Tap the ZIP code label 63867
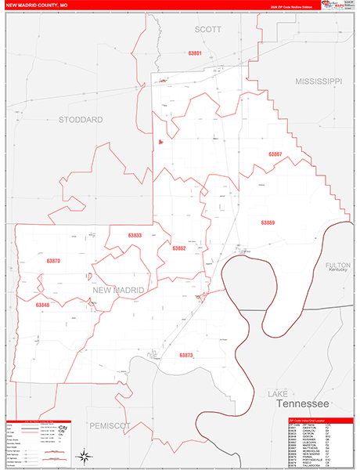tap(275, 154)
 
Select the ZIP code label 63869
tap(268, 223)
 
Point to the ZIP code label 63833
tap(135, 236)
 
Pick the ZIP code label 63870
tap(53, 261)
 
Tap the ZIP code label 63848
tap(42, 305)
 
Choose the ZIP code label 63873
tap(185, 355)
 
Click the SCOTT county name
tap(207, 29)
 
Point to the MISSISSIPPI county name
tap(319, 81)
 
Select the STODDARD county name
tap(81, 120)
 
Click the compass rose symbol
tap(83, 455)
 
